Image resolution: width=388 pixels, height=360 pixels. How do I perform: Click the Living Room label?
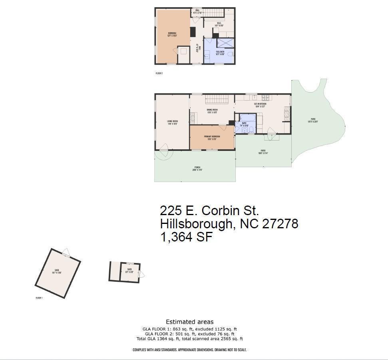172,123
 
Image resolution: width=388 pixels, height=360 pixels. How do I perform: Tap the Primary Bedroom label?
212,138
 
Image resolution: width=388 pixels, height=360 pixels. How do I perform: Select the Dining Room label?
212,111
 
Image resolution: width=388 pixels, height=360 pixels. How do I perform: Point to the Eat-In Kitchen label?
260,105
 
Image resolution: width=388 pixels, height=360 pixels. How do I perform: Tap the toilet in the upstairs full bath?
231,54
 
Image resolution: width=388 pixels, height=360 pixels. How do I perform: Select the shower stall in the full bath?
225,43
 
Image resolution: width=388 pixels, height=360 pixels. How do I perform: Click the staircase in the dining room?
216,99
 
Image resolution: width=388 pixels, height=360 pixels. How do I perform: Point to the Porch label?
197,168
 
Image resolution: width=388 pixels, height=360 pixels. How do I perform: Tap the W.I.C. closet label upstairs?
219,24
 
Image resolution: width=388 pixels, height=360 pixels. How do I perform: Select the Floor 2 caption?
159,73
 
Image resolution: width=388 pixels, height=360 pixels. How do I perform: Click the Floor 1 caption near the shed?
39,298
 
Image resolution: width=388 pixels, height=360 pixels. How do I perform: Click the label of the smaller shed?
129,271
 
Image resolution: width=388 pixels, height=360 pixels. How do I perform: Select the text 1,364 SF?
186,237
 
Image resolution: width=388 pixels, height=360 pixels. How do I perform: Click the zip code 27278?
280,224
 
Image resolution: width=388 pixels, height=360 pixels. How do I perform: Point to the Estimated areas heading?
189,322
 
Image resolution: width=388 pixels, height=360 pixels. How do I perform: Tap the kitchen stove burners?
266,97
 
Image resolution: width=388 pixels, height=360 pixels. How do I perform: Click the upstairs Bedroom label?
172,34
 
